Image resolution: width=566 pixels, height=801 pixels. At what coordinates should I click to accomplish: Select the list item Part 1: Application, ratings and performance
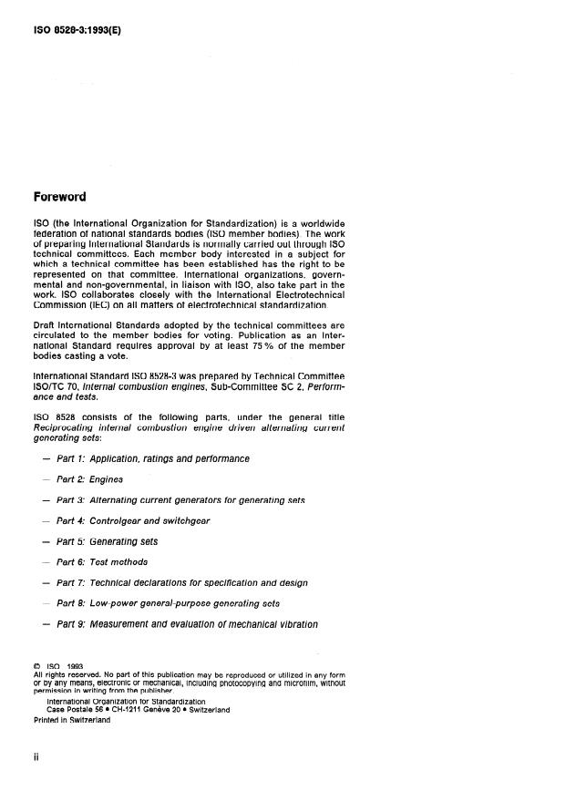[152, 458]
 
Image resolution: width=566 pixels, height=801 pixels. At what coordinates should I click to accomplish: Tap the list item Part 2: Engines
[89, 478]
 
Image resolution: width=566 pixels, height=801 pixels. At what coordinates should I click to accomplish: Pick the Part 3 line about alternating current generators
[180, 499]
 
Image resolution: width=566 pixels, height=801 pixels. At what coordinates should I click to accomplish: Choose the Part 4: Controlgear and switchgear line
[133, 520]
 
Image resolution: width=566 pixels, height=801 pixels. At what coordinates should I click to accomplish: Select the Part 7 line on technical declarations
[181, 582]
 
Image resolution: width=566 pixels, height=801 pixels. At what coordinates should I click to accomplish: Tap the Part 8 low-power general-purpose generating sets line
[168, 603]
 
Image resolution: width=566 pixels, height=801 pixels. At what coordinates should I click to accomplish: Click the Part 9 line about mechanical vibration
[187, 624]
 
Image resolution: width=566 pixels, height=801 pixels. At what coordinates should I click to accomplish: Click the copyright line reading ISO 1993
[57, 666]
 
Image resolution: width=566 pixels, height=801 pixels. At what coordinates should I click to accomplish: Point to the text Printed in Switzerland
[72, 720]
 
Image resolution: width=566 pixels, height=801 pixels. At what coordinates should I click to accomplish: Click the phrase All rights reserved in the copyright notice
[63, 674]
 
